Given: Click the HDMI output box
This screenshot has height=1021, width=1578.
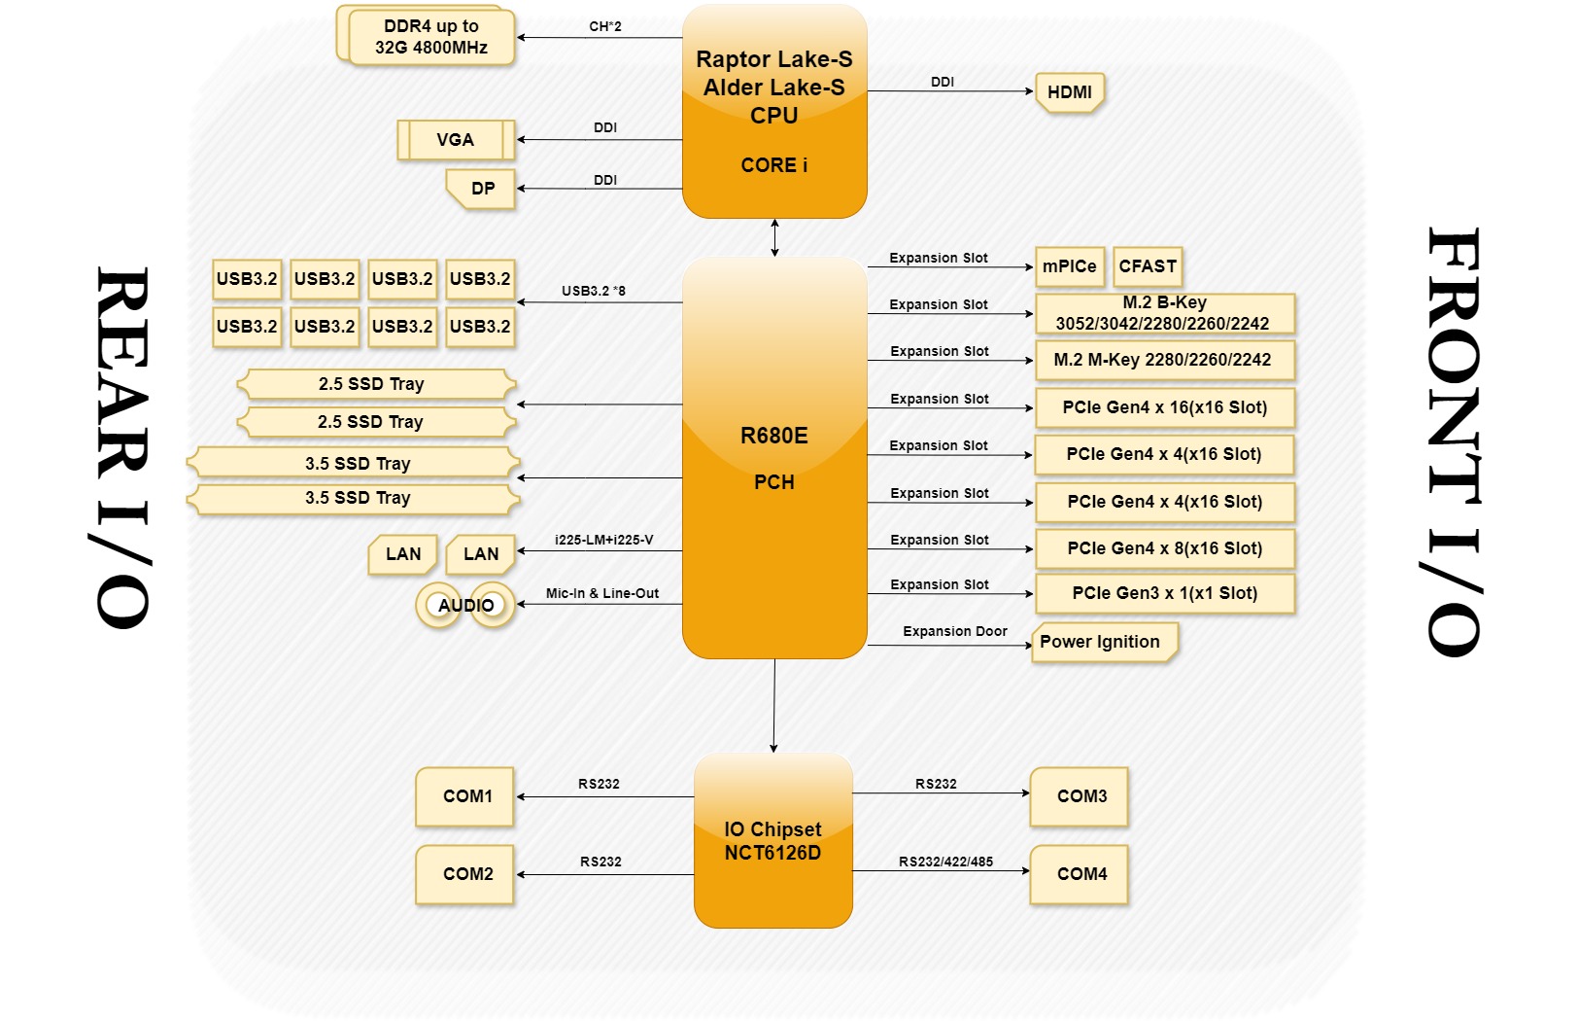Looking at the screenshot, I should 1069,92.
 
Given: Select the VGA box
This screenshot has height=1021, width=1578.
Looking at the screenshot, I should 456,140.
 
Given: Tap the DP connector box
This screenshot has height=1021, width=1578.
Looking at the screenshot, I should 483,189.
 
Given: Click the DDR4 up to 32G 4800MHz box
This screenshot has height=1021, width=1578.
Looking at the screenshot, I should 430,37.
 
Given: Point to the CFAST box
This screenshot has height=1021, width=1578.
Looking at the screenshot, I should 1147,266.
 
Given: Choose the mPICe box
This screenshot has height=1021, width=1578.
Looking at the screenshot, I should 1069,266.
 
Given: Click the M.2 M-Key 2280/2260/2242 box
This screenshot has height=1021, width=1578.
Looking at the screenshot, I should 1163,360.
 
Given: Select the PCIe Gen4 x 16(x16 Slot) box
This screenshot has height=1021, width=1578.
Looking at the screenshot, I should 1164,407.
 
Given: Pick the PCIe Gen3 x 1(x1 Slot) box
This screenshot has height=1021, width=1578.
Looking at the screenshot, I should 1164,593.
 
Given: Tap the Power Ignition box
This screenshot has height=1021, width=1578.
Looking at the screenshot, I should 1101,642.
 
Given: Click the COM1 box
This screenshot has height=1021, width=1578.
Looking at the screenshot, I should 466,796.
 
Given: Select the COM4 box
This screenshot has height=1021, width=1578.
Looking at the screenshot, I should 1081,874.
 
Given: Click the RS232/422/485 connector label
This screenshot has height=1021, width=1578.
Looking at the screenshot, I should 945,862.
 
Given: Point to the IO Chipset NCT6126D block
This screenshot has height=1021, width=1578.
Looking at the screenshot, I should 773,841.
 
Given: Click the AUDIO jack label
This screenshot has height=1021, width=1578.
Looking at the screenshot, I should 466,606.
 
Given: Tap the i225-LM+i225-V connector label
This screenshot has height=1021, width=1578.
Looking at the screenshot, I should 603,540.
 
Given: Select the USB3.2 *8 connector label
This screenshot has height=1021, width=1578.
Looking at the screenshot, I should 593,291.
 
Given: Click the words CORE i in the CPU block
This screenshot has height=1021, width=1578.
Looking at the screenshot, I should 773,165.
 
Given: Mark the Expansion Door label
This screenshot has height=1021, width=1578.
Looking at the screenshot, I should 954,632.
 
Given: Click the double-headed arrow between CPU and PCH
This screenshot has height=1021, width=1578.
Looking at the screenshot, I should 774,238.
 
